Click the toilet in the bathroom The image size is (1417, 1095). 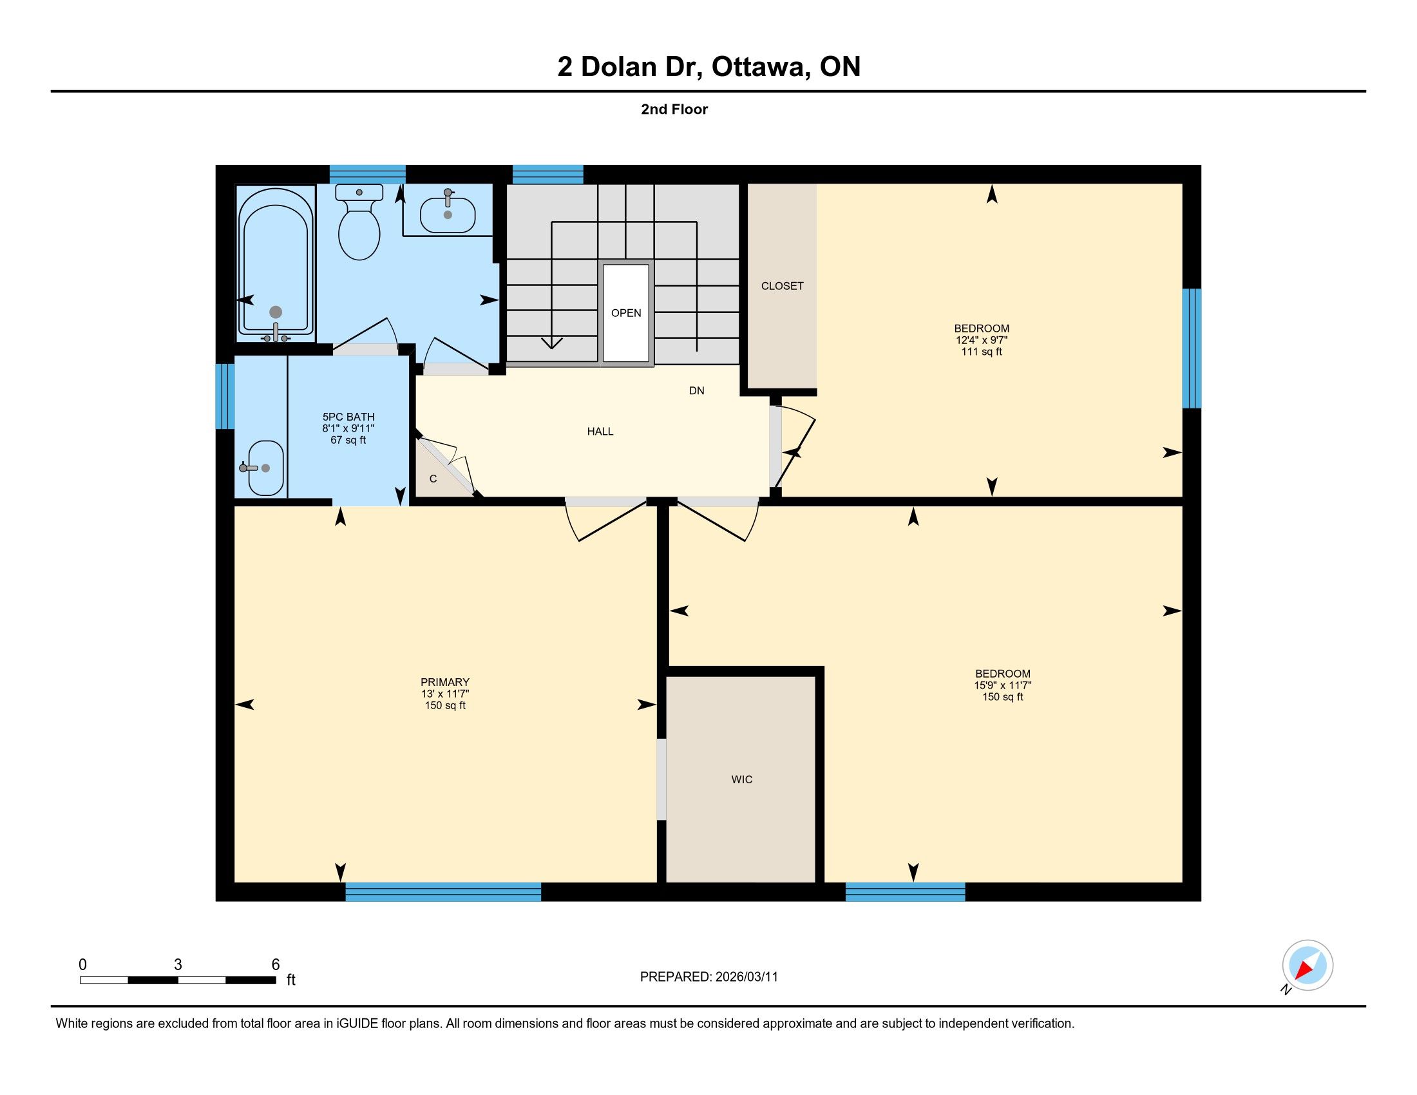359,222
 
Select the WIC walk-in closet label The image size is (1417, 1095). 741,779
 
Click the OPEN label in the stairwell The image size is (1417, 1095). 626,312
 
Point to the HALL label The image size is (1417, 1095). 600,431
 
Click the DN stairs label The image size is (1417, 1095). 697,390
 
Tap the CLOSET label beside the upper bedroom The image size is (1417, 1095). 783,285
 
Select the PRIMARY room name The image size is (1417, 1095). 445,681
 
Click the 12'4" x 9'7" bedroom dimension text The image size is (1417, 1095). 982,340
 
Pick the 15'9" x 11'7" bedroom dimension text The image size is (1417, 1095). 1002,685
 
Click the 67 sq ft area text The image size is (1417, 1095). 348,440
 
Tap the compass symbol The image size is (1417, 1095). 1308,966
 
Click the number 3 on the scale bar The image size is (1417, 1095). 178,965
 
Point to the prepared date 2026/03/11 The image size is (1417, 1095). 746,977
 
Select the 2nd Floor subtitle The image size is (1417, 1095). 674,109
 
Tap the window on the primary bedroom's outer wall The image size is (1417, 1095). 443,892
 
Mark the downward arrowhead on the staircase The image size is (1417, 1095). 551,343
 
